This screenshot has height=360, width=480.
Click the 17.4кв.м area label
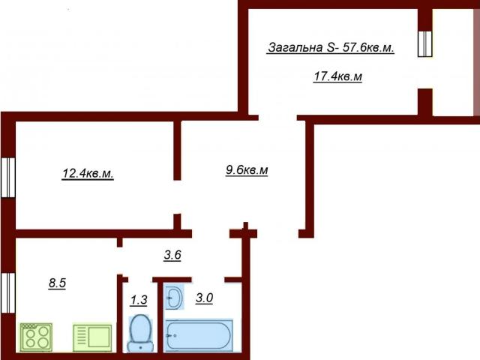(x=337, y=76)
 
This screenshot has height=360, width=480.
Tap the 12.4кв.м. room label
(x=87, y=174)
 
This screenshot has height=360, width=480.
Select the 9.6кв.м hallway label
(x=247, y=170)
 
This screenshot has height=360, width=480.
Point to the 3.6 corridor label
(x=172, y=255)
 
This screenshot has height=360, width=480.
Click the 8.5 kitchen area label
(x=57, y=283)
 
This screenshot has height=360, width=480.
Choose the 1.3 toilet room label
(x=139, y=300)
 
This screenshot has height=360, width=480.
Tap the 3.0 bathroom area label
(x=205, y=298)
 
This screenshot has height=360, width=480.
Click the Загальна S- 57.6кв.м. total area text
(x=331, y=48)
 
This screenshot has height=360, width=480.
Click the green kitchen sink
(x=92, y=336)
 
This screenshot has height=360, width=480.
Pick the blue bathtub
(x=199, y=334)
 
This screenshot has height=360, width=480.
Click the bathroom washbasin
(x=174, y=298)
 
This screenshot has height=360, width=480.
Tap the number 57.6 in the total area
(x=353, y=48)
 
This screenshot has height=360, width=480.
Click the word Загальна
(x=295, y=48)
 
